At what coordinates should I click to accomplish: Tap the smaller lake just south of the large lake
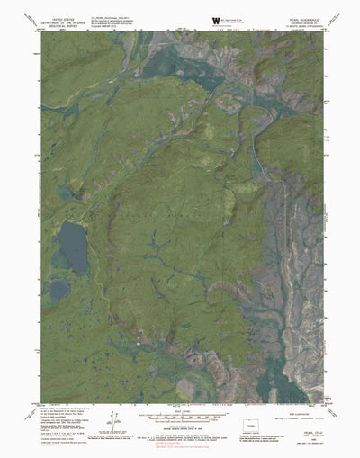click(58, 290)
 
